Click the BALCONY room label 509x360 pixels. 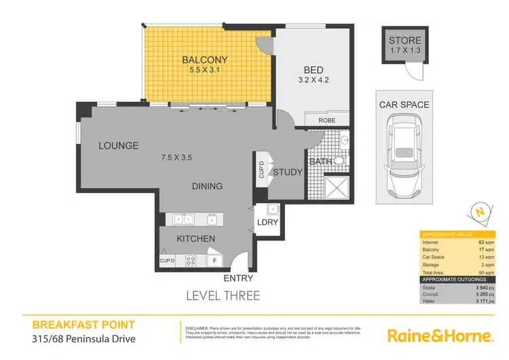point(205,59)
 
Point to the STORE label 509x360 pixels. point(404,40)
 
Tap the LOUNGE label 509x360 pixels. point(118,145)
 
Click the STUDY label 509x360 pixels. point(287,172)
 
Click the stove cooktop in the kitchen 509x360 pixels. point(191,259)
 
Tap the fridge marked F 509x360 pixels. point(215,259)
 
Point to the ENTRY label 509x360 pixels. point(238,278)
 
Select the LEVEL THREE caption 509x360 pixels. point(223,295)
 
